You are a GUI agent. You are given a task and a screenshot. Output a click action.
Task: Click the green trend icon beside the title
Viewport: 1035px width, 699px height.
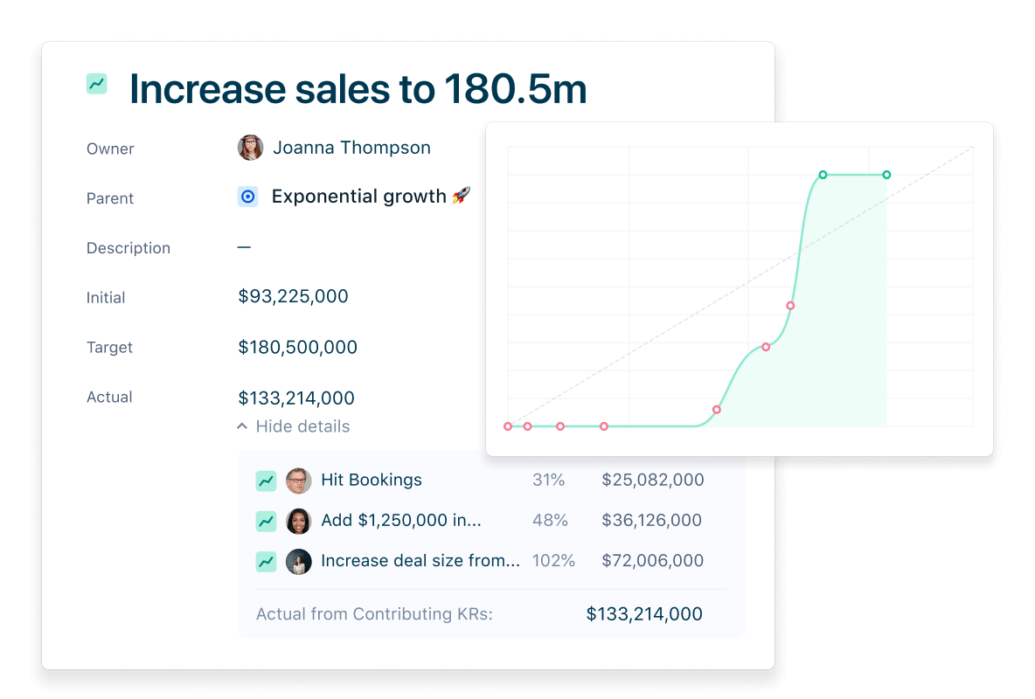(x=97, y=84)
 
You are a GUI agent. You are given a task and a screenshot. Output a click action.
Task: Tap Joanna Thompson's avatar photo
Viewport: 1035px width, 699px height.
(x=250, y=148)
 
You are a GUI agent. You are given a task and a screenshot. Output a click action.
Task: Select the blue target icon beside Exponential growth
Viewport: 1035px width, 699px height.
(x=247, y=197)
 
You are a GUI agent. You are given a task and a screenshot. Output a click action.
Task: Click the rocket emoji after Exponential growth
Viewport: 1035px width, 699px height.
(x=461, y=196)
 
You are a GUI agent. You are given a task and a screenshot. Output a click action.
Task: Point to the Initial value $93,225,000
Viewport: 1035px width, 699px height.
(x=293, y=296)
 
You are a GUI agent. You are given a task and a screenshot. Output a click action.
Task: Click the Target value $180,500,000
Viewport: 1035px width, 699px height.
(x=297, y=347)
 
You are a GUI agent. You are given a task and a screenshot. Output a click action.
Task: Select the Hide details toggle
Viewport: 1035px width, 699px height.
(x=294, y=426)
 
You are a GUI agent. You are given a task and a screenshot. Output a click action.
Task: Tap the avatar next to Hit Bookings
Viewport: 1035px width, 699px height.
(x=298, y=480)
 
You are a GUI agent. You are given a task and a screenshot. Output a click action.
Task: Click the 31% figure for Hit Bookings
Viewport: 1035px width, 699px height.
(x=548, y=480)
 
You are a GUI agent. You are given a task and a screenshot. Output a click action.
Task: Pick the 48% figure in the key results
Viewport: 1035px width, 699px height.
(x=550, y=520)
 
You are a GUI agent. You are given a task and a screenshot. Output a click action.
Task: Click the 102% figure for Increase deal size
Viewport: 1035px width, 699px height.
(x=552, y=560)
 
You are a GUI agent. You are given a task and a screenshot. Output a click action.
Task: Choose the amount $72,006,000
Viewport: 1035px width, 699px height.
(x=652, y=560)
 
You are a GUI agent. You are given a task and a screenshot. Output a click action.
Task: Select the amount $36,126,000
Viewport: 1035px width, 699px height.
(x=651, y=520)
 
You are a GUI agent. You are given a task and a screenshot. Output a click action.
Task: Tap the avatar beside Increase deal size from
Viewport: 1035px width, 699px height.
(x=298, y=561)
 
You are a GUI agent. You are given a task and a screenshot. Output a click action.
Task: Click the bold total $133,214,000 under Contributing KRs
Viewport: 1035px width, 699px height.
(x=644, y=614)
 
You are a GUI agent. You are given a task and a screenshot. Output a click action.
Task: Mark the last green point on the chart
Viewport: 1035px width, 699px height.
(x=886, y=175)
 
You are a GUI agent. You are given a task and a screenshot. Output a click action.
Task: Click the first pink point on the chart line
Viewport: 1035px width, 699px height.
(x=508, y=426)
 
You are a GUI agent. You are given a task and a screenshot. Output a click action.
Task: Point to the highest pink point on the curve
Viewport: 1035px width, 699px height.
(x=790, y=306)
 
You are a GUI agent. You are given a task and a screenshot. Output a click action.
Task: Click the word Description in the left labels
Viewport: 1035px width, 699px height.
(x=129, y=248)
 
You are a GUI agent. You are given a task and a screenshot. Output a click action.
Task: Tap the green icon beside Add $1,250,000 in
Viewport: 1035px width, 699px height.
(x=266, y=521)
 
